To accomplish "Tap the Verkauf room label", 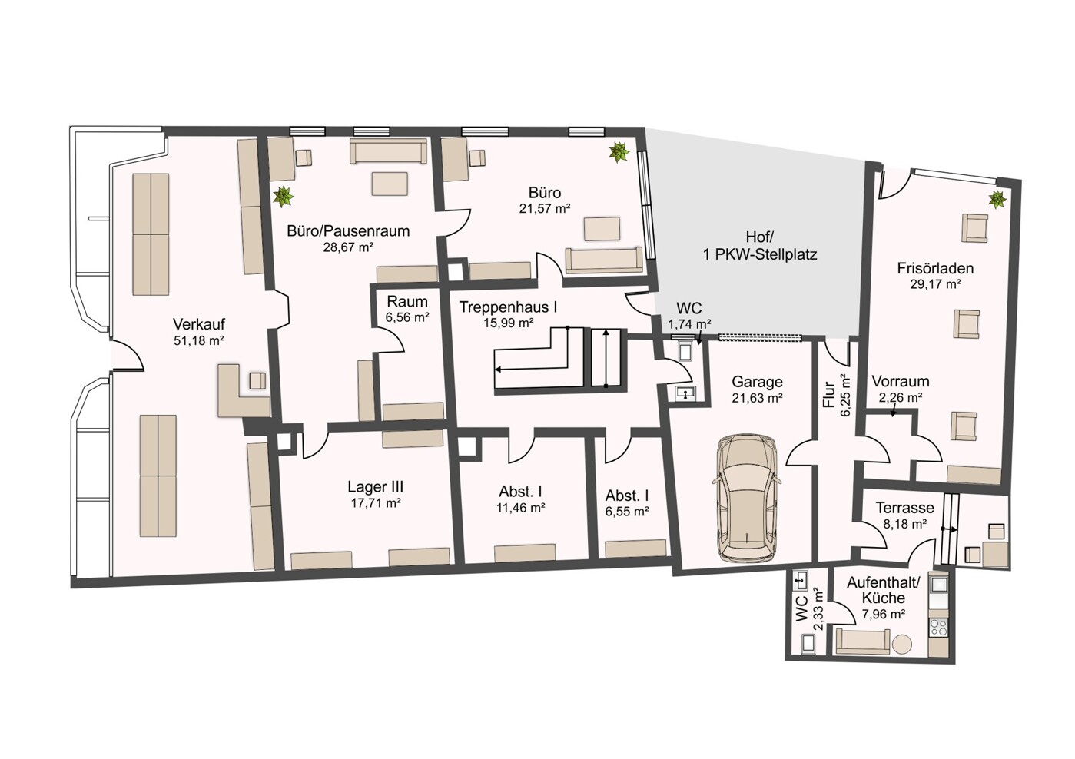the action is [199, 324].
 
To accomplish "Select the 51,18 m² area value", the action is [199, 341].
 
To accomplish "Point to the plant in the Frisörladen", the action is [997, 199].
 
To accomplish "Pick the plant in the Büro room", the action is [619, 152].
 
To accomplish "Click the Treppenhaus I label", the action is [508, 307].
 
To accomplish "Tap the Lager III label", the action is [375, 487].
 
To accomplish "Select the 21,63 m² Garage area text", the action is [758, 398].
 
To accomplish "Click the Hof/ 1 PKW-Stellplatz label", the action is [760, 245].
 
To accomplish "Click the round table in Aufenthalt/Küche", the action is [903, 644].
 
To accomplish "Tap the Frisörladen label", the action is [935, 267].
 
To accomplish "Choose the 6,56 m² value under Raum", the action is [407, 317].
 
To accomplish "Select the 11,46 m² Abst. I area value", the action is [521, 508].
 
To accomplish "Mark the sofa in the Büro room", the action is [604, 260].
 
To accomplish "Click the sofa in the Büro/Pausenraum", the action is [388, 151].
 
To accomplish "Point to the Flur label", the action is [829, 395].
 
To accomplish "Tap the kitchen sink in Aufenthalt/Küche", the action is [939, 585].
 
